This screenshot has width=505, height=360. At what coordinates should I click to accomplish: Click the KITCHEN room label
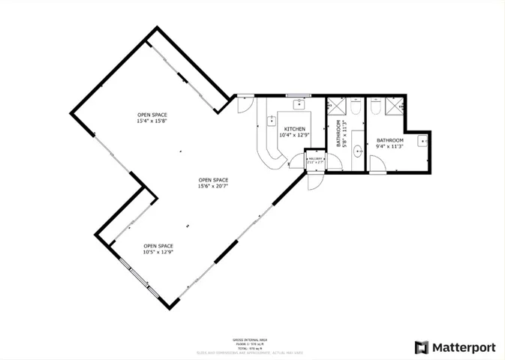click(294, 129)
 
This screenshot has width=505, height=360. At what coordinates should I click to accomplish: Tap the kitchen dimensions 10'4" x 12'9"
click(294, 135)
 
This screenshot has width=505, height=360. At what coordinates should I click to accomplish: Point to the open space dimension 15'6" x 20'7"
click(213, 186)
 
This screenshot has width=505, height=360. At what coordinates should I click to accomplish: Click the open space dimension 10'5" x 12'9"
click(158, 252)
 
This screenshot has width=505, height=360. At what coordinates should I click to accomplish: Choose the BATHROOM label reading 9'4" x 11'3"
click(389, 140)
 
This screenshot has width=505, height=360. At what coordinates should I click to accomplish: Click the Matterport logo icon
click(422, 347)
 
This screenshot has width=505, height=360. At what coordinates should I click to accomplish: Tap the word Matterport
click(464, 347)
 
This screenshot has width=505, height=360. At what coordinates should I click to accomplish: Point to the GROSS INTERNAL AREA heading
click(252, 339)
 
